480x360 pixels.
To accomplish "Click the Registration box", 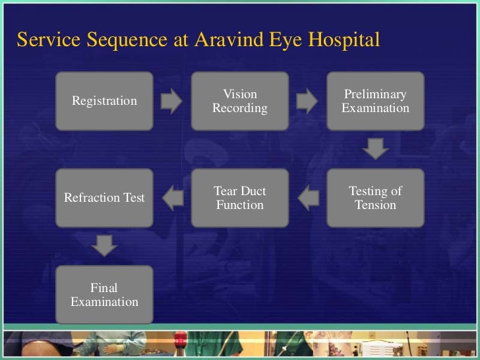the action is [104, 100].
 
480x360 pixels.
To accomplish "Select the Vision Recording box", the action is [240, 100].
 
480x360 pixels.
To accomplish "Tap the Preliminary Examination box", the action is [375, 100].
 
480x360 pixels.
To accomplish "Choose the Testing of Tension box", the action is [375, 198].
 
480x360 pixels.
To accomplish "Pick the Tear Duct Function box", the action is [240, 198].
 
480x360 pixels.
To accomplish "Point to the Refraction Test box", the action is [104, 198].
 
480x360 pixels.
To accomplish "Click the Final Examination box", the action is [104, 295].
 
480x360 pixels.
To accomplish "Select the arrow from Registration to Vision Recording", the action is [172, 101].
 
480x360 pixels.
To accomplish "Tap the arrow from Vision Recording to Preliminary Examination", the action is [307, 101].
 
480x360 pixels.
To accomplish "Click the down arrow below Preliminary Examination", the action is [375, 148].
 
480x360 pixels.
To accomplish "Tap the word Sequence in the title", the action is [129, 40].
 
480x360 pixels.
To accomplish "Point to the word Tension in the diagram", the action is [375, 205].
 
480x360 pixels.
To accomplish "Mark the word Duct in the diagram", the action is [255, 191].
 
